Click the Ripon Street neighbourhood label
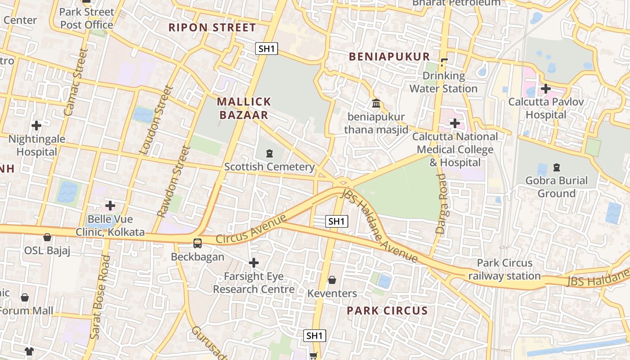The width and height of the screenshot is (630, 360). [x=212, y=27]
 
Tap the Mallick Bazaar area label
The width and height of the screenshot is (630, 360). [x=244, y=108]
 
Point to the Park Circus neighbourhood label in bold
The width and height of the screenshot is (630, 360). [x=387, y=310]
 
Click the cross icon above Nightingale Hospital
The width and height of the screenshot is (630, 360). [x=36, y=125]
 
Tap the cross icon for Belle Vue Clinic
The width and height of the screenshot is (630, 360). [x=110, y=206]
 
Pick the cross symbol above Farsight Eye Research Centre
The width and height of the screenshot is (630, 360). [x=254, y=262]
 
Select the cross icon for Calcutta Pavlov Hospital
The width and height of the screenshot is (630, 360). [x=546, y=89]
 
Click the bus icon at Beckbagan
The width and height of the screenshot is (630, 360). [x=197, y=243]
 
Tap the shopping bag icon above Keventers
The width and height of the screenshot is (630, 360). [x=332, y=280]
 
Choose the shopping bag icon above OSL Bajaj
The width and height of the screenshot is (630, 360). [x=47, y=237]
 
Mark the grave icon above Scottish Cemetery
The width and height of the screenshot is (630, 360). [x=269, y=153]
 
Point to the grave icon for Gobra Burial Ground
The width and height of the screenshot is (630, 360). [x=557, y=167]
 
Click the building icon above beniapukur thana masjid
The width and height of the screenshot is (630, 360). [x=376, y=103]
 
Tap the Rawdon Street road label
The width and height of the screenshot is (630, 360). [x=171, y=181]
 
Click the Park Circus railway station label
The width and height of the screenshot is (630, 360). [x=504, y=269]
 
